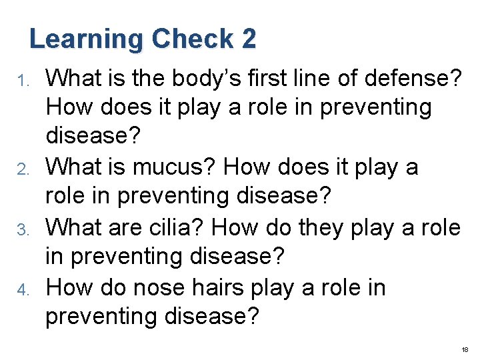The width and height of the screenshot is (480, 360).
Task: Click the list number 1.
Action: tap(23, 81)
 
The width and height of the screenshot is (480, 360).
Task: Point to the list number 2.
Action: tap(22, 169)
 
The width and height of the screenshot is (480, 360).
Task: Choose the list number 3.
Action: tap(22, 229)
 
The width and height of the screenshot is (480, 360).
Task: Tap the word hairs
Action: tap(227, 288)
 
